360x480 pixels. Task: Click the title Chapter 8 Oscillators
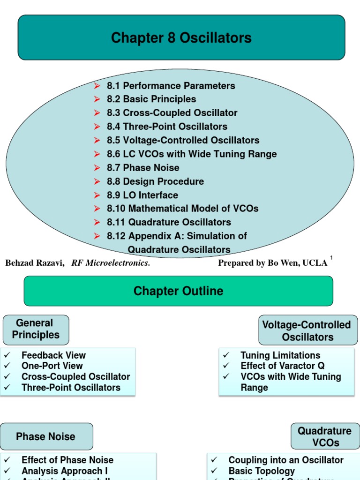tap(181, 38)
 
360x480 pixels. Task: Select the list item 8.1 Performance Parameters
tap(171, 86)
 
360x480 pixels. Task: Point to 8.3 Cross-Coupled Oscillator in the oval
tap(172, 113)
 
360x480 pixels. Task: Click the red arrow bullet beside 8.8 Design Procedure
tap(97, 181)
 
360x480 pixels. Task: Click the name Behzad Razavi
tap(34, 263)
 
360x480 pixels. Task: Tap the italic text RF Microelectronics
tap(111, 263)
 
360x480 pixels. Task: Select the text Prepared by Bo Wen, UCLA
tap(272, 263)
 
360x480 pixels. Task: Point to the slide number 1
tap(331, 258)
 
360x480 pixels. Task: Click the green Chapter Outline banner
tap(178, 291)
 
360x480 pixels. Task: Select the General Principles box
tap(36, 329)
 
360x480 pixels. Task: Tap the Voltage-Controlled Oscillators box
tap(307, 330)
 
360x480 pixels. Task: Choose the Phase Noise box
tap(46, 436)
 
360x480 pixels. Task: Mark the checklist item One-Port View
tap(52, 366)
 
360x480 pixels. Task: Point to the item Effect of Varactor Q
tap(282, 366)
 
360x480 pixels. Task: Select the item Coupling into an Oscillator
tap(286, 460)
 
